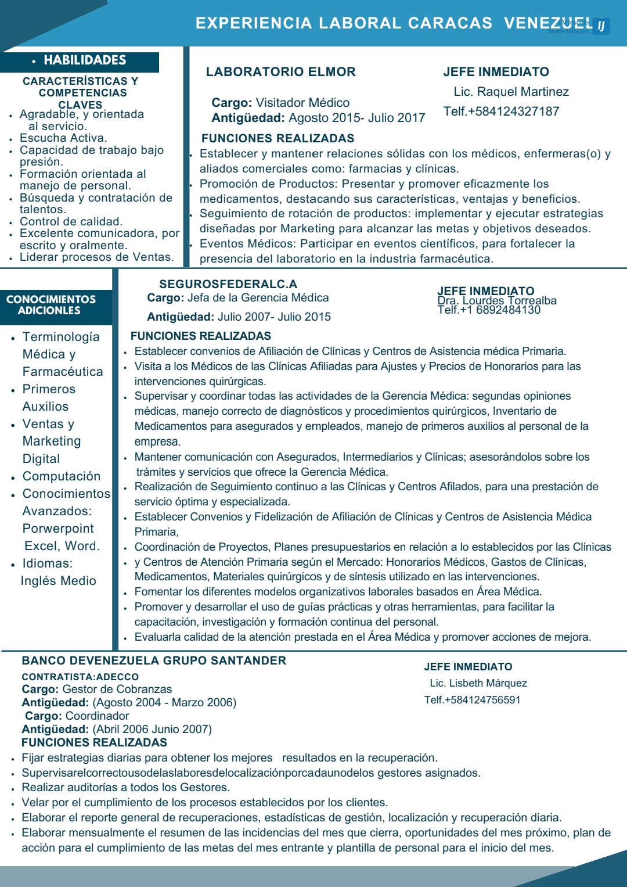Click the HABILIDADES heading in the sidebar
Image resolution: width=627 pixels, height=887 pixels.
coord(85,60)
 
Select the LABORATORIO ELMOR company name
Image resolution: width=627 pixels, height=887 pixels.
coord(280,72)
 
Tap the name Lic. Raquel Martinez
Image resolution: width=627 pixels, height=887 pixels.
coord(511,92)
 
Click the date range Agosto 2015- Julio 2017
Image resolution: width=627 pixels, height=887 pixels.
coord(356,118)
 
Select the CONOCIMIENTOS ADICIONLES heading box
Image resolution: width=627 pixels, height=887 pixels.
coord(51,306)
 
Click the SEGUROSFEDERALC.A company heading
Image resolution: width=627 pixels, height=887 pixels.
coord(228,284)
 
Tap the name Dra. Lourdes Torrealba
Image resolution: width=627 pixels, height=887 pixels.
coord(497,301)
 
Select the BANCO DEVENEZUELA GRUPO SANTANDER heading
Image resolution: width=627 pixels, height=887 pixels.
coord(154,661)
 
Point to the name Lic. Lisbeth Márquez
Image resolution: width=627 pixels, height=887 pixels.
coord(478,684)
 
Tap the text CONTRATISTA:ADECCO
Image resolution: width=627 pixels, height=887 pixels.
coord(80,677)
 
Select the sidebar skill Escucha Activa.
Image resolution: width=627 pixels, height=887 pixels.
coord(63,138)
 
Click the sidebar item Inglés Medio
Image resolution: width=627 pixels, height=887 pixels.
coord(59,581)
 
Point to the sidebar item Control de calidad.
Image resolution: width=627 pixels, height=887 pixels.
coord(71,222)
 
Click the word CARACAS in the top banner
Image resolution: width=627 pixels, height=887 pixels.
coord(450,23)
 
